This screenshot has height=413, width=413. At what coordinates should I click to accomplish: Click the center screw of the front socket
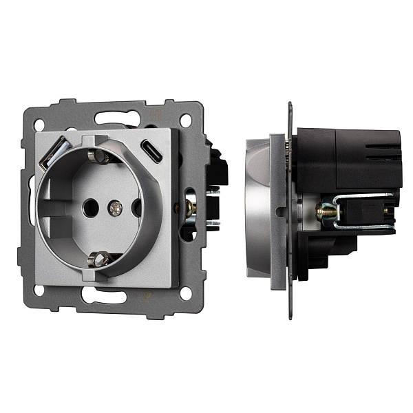[116, 206]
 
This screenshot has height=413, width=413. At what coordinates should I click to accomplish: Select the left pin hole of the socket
[89, 205]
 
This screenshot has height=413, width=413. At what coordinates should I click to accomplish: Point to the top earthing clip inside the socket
[100, 157]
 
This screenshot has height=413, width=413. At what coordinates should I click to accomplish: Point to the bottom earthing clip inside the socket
[100, 259]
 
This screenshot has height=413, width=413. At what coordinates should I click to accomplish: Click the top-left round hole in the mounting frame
[39, 125]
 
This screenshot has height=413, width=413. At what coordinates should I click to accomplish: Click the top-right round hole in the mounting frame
[185, 120]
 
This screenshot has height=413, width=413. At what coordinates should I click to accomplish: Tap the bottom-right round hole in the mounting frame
[185, 293]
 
